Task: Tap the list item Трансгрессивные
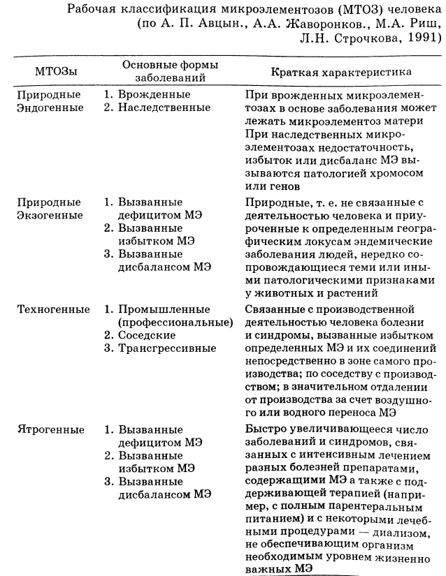[x=168, y=348]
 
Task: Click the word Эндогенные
[x=50, y=108]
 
